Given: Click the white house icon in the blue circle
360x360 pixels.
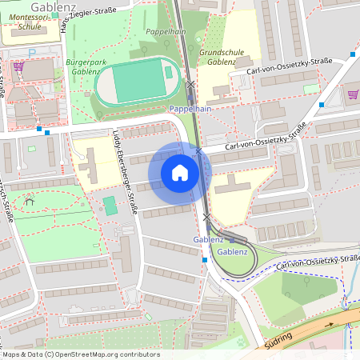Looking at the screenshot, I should click(x=180, y=172).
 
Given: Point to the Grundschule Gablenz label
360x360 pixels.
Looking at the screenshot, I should click(x=221, y=56).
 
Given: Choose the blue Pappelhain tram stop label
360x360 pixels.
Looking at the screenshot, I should click(x=190, y=107).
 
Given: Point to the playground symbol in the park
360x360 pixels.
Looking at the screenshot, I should click(x=30, y=202).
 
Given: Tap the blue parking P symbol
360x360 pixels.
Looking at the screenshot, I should click(x=32, y=53).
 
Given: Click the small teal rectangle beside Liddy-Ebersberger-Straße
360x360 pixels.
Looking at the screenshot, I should click(x=110, y=205).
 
